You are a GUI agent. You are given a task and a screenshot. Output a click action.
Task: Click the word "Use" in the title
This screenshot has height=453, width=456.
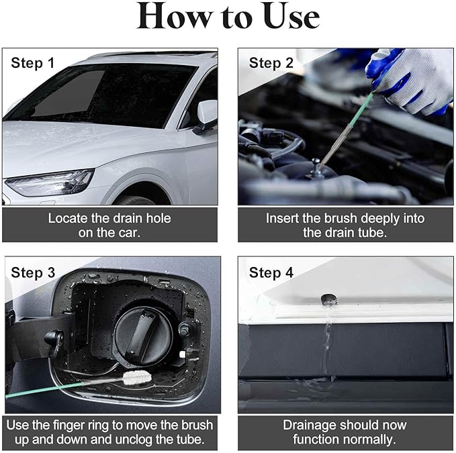[x=291, y=17]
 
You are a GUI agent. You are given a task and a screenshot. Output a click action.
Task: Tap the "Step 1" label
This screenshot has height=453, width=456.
[x=32, y=63]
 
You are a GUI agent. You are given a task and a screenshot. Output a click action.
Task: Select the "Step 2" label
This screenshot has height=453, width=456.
[x=271, y=63]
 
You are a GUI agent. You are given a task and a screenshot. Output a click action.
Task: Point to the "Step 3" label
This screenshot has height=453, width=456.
[x=33, y=272]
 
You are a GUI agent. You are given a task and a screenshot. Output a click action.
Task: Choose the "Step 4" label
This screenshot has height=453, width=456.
[x=271, y=272]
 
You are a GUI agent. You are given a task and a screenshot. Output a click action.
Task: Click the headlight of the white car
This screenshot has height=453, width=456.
[x=50, y=183]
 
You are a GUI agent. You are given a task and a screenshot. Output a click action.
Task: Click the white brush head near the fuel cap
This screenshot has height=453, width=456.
[x=137, y=377]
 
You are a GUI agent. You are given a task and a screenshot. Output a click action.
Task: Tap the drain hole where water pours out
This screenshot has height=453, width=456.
[x=329, y=299]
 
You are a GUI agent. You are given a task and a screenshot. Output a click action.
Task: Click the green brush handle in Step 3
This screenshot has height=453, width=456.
[x=44, y=390]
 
